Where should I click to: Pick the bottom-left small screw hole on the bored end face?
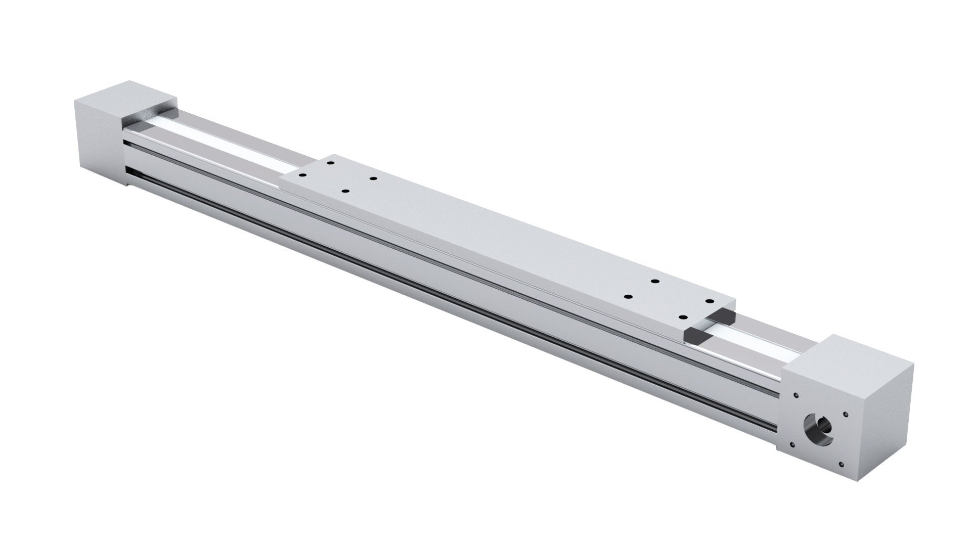click(x=792, y=445)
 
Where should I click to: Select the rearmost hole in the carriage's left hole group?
click(x=330, y=163)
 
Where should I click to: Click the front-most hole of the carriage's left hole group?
click(x=345, y=191)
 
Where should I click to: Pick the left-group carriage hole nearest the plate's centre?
click(x=373, y=178)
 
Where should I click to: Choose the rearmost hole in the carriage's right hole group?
click(x=654, y=281)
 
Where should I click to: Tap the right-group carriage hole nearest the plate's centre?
click(x=629, y=297)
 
